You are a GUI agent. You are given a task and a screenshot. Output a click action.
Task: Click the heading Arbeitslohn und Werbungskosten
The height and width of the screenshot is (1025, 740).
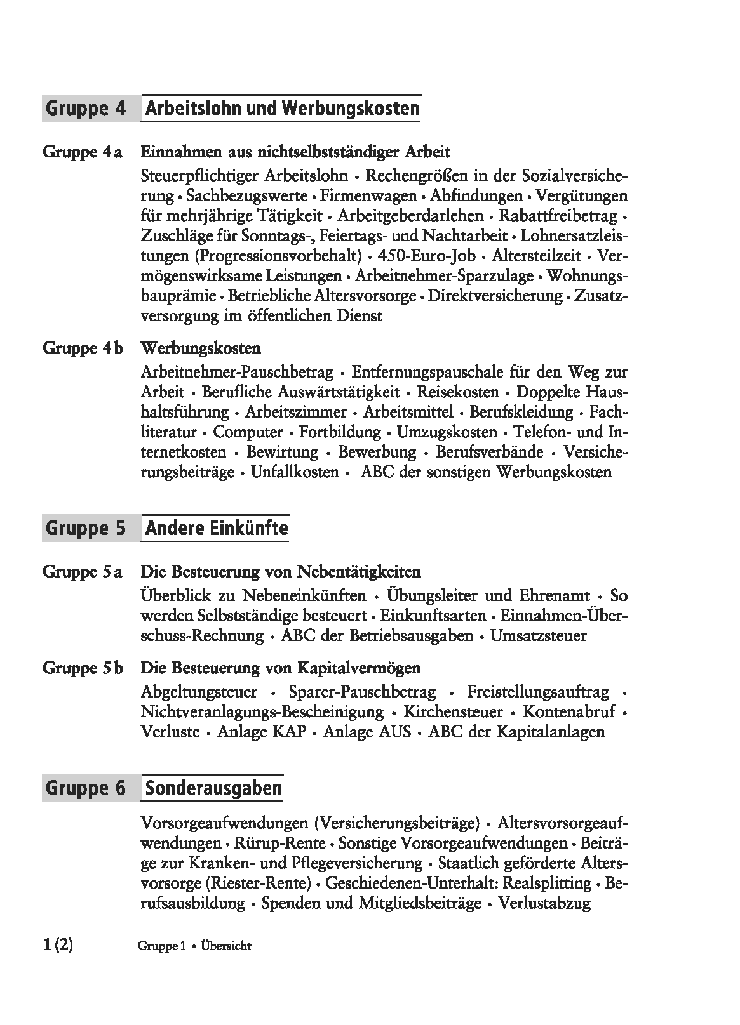tap(282, 108)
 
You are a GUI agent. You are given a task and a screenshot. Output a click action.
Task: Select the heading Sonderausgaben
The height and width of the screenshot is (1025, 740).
tap(213, 788)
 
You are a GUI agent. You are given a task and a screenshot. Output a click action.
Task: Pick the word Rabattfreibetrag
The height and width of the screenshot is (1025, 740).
tap(558, 216)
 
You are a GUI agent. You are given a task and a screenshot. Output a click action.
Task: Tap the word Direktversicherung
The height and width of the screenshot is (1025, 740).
tap(495, 296)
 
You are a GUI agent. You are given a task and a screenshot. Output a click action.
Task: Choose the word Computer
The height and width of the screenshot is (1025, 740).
tap(248, 432)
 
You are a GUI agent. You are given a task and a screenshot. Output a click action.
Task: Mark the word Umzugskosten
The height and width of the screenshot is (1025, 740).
tap(447, 432)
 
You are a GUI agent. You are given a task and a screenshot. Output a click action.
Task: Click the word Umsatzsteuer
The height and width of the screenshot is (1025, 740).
tap(539, 635)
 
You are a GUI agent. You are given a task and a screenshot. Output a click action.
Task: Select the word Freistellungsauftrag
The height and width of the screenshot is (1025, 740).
tap(538, 692)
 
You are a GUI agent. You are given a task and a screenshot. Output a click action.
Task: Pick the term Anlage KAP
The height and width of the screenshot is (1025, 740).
tap(262, 732)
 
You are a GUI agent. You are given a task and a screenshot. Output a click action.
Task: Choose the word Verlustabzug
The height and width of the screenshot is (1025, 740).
tap(544, 903)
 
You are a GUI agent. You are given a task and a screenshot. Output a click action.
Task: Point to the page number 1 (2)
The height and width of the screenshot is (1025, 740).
tap(58, 945)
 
